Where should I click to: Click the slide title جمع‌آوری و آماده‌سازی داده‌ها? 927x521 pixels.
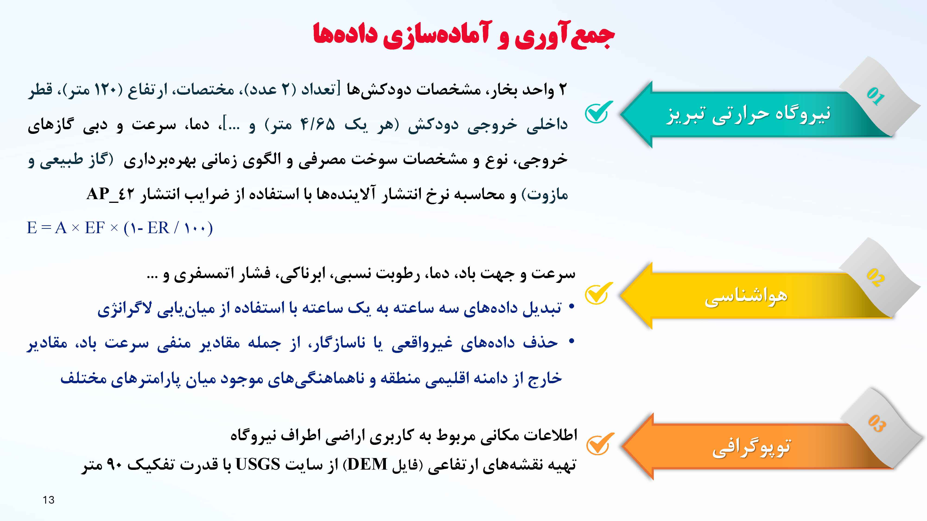point(463,35)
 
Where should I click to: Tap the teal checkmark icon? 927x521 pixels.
point(598,112)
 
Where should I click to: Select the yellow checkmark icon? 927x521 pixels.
point(598,294)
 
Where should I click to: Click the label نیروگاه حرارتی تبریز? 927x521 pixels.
point(749,114)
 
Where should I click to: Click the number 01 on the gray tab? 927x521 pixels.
point(875,96)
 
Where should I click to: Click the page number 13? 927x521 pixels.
point(49,500)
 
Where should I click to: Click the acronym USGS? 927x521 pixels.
point(258,464)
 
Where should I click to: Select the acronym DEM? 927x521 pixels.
point(367,464)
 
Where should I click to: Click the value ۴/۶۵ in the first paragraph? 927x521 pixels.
point(317,124)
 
